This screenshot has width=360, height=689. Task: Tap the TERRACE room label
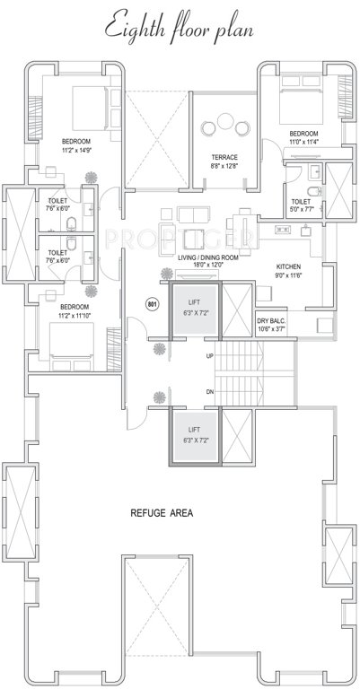[x=224, y=157]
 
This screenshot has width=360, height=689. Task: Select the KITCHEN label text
[x=288, y=267]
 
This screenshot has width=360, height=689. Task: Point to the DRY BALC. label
[x=272, y=320]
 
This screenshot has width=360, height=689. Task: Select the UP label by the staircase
[x=210, y=356]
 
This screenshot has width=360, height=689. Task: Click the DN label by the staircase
[x=210, y=391]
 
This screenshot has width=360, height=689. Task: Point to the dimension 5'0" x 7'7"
[x=301, y=210]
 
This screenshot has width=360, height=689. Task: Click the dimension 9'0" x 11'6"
[x=288, y=275]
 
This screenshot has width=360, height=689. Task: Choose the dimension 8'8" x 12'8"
[x=224, y=165]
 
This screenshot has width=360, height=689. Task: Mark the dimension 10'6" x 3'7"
[x=272, y=328]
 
